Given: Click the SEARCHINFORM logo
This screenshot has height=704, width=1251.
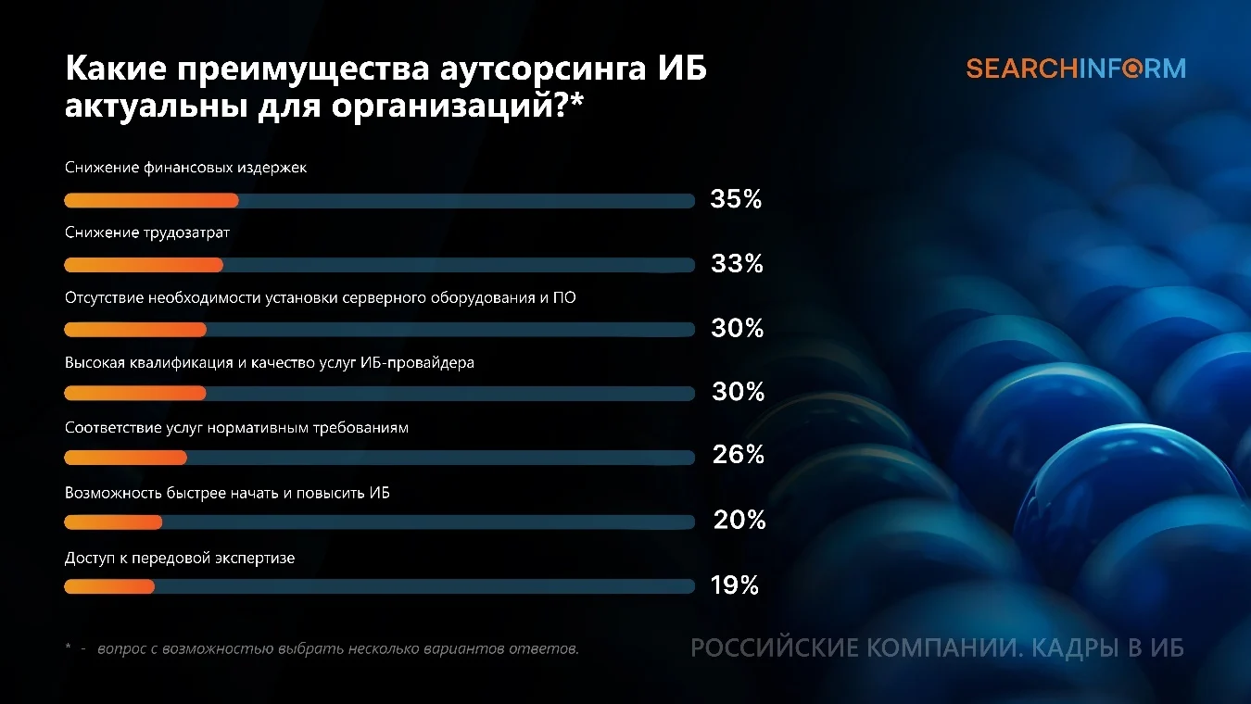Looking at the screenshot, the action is point(1076,69).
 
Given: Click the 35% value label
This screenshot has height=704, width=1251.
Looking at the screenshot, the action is point(736,199).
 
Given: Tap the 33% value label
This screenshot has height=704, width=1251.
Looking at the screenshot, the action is point(737,263).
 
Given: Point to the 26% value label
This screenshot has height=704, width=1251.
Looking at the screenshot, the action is point(739,455).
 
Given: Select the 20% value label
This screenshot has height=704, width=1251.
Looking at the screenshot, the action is point(739,520).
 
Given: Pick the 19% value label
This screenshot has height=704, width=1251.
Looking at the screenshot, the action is point(735,585).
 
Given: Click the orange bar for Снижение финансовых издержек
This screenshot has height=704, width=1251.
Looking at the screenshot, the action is point(151,200).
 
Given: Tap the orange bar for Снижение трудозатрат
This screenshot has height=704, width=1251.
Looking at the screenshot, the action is point(144,265).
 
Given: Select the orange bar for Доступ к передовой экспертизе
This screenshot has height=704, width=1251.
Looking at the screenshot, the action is point(109,586).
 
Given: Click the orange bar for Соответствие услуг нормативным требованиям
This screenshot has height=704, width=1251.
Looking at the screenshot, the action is point(126,458).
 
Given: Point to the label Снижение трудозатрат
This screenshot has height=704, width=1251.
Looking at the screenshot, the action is point(147,233).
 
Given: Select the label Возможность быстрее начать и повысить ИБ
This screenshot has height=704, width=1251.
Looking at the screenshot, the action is point(227,493).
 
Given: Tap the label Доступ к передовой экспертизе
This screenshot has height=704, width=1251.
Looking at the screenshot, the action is point(180,558).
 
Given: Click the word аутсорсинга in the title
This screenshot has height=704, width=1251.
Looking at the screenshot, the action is point(543,69).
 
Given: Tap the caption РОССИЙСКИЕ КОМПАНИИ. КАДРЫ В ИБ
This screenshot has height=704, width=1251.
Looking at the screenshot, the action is point(937,648).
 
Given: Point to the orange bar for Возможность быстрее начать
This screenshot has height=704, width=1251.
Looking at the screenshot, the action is point(113,522).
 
